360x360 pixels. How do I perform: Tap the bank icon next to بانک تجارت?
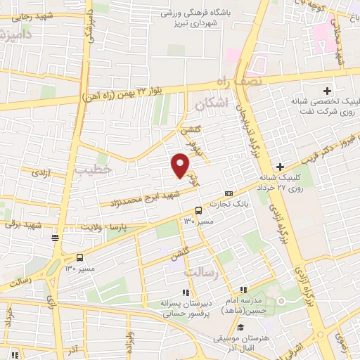coord(229,193)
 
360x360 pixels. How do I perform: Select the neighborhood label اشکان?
coord(210,103)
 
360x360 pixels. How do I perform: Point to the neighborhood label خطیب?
coord(92,169)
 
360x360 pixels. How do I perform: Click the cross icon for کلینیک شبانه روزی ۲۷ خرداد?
coord(280,167)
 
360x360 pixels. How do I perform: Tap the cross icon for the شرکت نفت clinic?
coord(327,91)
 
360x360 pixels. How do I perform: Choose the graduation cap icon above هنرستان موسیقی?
coord(240,327)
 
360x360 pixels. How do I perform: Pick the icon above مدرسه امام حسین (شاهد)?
coord(243,290)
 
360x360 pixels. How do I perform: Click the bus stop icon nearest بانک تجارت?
coord(198,210)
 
